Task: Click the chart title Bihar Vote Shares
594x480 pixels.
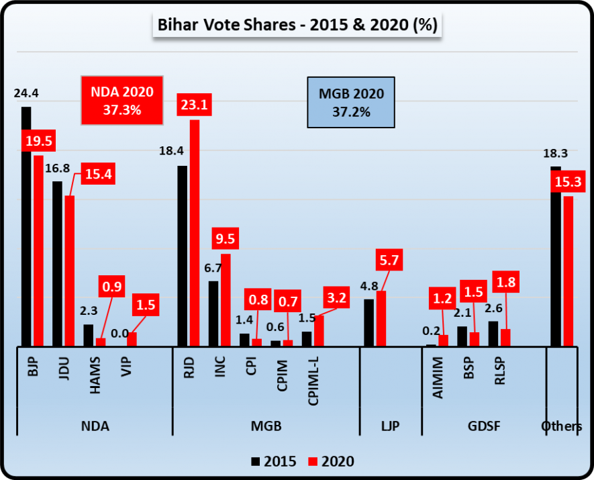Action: pyautogui.click(x=297, y=26)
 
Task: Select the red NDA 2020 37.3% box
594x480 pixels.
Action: pyautogui.click(x=121, y=101)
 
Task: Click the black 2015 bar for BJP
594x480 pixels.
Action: pyautogui.click(x=26, y=228)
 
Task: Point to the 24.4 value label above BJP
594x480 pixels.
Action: pyautogui.click(x=26, y=93)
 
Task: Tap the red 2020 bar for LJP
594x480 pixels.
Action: pyautogui.click(x=381, y=319)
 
